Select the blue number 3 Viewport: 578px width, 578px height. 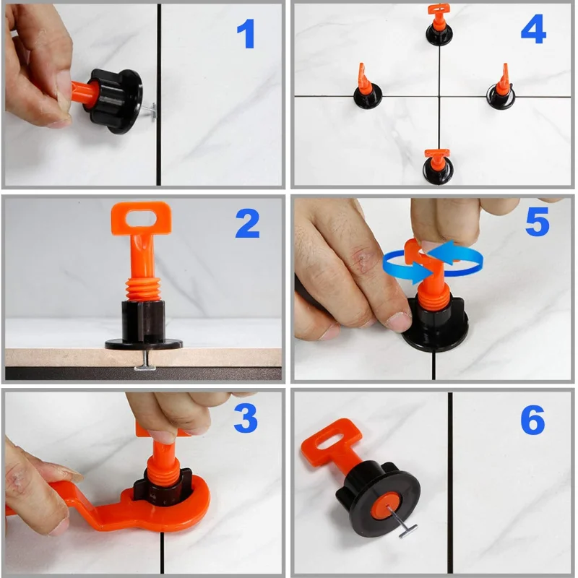246,418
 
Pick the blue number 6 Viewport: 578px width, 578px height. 532,420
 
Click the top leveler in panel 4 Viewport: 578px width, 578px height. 438,27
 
